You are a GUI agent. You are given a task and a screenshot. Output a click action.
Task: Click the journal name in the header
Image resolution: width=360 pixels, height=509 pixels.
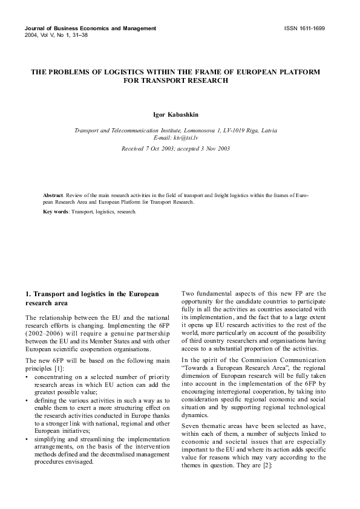pyautogui.click(x=90, y=28)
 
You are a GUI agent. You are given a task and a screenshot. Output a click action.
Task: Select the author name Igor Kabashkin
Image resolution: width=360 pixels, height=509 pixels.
pyautogui.click(x=179, y=113)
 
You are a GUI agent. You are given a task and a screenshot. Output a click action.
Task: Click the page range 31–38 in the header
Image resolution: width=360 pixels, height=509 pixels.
pyautogui.click(x=74, y=36)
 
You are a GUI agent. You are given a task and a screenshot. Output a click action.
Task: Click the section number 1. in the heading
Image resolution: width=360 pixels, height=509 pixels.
pyautogui.click(x=28, y=294)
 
